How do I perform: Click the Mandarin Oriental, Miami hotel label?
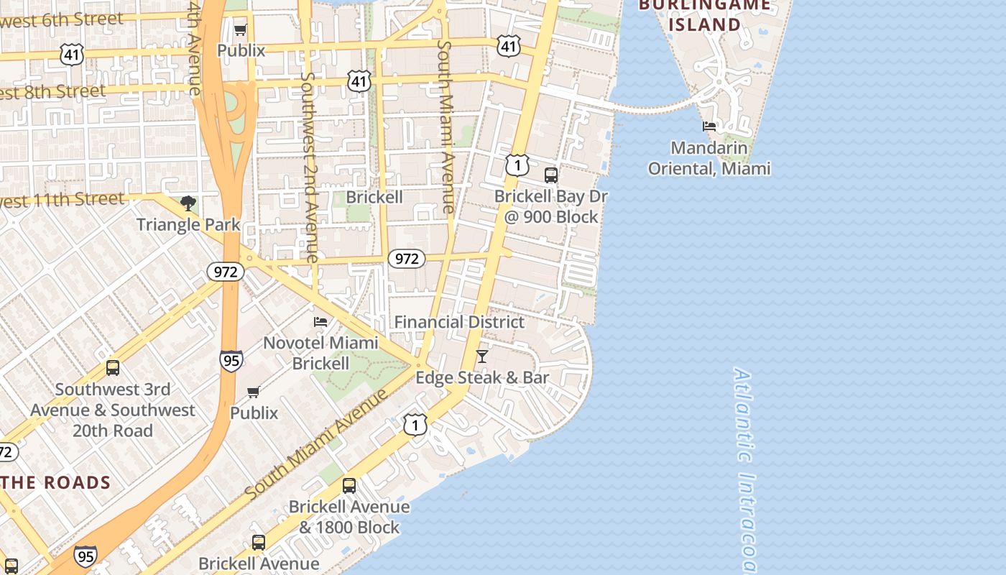tap(709, 158)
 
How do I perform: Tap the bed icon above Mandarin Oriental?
tap(709, 126)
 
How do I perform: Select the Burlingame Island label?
tap(704, 14)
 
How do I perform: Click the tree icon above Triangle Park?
tap(188, 203)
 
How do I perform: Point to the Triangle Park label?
tap(188, 224)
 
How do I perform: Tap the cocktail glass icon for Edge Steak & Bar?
tap(482, 356)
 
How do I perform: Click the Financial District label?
tap(459, 322)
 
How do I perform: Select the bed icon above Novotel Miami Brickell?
tap(320, 321)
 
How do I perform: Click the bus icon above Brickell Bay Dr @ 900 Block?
tap(551, 175)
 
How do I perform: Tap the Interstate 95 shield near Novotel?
tap(231, 360)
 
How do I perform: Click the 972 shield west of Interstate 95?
tap(226, 271)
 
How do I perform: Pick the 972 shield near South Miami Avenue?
tap(407, 259)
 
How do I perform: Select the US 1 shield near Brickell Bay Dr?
tap(517, 165)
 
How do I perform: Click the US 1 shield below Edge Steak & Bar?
tap(415, 425)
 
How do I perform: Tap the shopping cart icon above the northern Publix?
tap(241, 29)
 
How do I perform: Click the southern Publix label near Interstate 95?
tap(254, 413)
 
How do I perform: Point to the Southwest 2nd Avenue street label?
tap(309, 167)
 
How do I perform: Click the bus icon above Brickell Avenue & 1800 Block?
tap(349, 486)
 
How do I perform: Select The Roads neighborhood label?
tap(56, 482)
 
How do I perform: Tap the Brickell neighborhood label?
tap(374, 197)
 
